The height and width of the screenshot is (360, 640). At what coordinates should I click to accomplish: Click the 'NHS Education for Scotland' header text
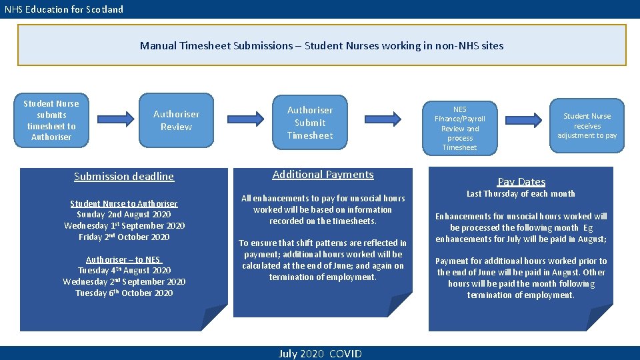pos(64,9)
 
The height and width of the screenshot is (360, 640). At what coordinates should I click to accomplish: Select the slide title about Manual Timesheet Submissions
pos(321,46)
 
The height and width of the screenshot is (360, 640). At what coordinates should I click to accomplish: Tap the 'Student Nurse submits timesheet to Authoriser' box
pos(51,120)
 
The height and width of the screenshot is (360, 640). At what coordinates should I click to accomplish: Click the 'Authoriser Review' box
pos(176,120)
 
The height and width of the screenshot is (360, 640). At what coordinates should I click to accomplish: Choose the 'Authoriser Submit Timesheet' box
pos(309,123)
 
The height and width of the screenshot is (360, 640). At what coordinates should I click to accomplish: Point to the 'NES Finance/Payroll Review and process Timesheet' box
pos(459,128)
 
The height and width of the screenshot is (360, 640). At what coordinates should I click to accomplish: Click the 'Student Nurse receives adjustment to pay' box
pos(587,125)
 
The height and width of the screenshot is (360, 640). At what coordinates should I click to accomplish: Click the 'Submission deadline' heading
pos(124,177)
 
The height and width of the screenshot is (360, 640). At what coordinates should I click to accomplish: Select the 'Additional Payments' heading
pos(323,175)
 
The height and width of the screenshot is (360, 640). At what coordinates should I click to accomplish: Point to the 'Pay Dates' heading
pos(521,181)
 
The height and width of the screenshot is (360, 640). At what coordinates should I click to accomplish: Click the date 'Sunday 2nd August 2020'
pos(124,215)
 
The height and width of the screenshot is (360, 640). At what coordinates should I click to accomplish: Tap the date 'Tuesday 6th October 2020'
pos(124,293)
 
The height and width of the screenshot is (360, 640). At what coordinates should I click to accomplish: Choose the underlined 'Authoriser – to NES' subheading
pos(124,259)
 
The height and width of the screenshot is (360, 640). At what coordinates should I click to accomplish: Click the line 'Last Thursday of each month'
pos(521,194)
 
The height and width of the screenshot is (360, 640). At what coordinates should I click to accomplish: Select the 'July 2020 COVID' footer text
pos(320,353)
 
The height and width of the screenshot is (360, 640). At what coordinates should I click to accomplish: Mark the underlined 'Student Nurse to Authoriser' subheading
pos(124,203)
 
